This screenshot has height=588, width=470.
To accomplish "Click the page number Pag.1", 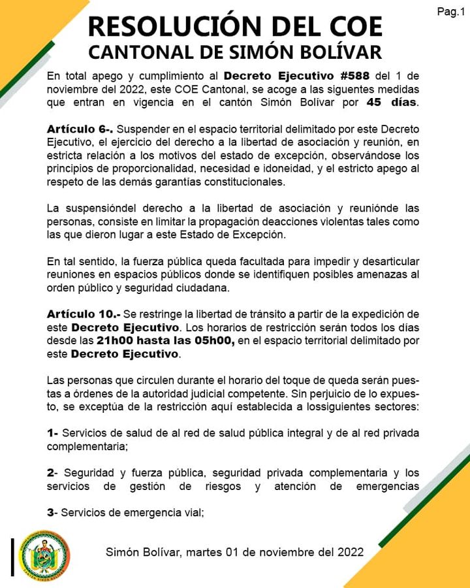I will pos(450,12).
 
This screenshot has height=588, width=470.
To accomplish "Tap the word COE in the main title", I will pos(352,27).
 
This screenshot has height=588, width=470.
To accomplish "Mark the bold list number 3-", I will pos(53,513).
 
